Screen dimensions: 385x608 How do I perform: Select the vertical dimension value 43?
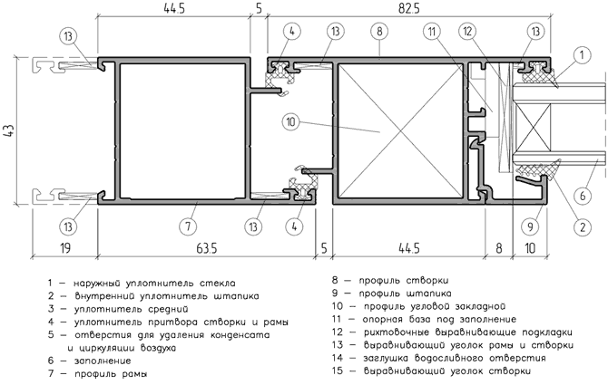point(9,130)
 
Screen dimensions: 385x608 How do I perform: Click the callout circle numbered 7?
point(188,224)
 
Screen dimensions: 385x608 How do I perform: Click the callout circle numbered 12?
point(468,33)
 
